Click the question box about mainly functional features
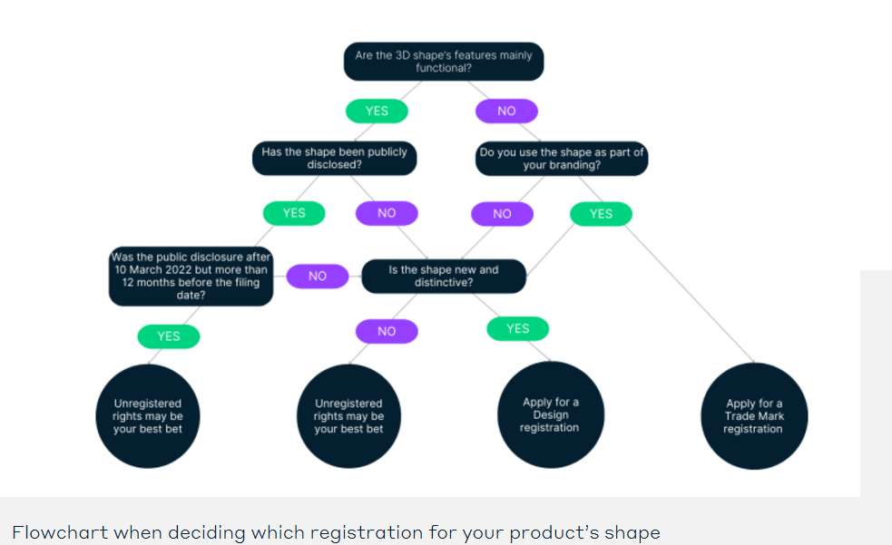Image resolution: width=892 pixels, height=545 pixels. [444, 62]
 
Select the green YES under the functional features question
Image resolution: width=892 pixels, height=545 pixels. [377, 111]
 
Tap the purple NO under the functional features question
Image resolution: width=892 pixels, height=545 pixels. [506, 111]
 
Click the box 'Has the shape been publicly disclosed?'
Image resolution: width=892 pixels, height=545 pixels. [334, 159]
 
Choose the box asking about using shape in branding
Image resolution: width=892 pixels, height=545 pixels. [562, 159]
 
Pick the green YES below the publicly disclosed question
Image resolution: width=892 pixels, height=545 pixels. [294, 213]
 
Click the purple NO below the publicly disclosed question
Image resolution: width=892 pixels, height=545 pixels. [387, 213]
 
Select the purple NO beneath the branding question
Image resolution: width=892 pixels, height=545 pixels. [502, 214]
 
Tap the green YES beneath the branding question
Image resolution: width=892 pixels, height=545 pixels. [601, 214]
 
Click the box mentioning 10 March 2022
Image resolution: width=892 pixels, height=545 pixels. [191, 276]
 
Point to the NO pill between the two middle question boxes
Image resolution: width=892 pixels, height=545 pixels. [318, 276]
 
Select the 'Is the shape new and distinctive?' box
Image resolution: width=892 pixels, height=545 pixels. [443, 276]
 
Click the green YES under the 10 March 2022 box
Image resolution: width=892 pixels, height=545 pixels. [169, 336]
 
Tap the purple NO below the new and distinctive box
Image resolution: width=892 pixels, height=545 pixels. [387, 331]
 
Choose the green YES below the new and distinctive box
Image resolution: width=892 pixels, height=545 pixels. [517, 328]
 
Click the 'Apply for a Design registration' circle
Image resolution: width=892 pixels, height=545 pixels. [550, 415]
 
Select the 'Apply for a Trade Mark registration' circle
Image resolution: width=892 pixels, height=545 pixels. [753, 416]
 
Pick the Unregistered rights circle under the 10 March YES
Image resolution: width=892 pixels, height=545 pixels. [147, 416]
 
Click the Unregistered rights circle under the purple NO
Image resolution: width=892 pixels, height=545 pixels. [348, 416]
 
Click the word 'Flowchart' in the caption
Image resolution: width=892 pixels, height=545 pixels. [53, 532]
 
